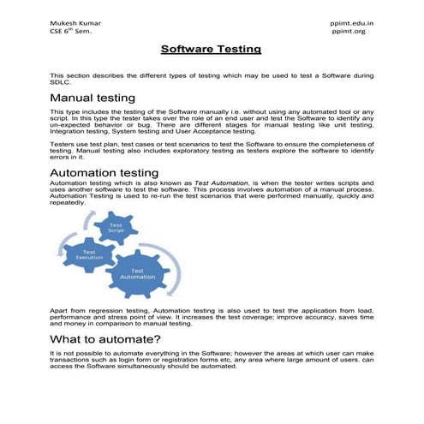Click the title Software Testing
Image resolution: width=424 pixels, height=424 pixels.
click(x=211, y=51)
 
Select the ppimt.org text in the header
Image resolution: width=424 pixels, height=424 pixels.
click(x=348, y=30)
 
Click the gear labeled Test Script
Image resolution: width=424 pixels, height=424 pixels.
click(x=113, y=229)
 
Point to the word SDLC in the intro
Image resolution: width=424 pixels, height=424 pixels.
click(x=60, y=82)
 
